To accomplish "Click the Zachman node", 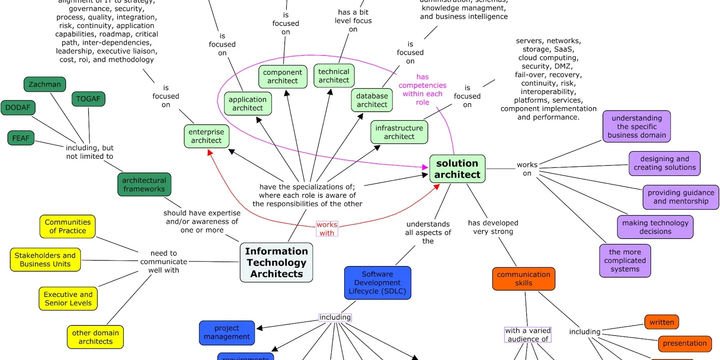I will click(45, 84).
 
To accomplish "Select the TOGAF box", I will click(88, 99).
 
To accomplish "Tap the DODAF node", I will click(18, 108).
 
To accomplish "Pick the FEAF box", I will click(21, 138).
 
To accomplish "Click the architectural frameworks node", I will click(144, 184).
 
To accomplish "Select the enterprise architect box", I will click(206, 136).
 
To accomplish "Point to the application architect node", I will click(247, 103).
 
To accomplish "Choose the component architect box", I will click(283, 76).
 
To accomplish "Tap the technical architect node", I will click(333, 76).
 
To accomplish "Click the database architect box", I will click(372, 100).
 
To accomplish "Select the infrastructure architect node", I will click(399, 132).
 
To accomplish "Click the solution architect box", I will click(457, 169).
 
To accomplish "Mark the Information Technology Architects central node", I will click(276, 262).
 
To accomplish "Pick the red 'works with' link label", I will click(327, 229).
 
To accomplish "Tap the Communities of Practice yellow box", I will click(67, 226).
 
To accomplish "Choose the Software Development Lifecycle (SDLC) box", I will click(377, 283).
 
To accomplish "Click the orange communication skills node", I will click(523, 279).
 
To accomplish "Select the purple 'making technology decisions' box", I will click(655, 227).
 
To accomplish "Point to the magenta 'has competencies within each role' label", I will click(422, 90).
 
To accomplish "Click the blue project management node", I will click(227, 333).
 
